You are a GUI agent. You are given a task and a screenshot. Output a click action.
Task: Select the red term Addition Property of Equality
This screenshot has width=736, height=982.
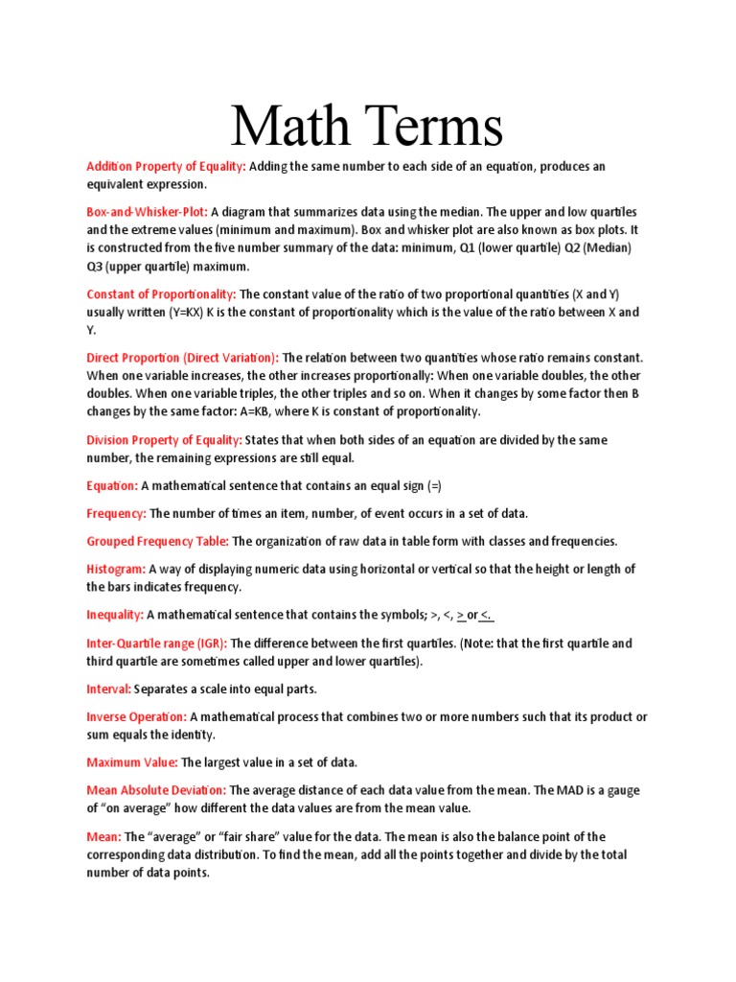pyautogui.click(x=166, y=167)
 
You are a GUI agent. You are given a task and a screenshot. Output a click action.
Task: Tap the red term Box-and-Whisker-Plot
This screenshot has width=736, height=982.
pyautogui.click(x=147, y=212)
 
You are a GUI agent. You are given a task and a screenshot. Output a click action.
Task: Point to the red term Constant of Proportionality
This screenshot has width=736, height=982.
pyautogui.click(x=161, y=294)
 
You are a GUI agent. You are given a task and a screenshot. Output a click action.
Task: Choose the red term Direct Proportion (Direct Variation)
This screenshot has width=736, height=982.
pyautogui.click(x=182, y=358)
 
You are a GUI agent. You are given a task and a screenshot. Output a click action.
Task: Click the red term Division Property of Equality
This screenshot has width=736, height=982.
pyautogui.click(x=164, y=440)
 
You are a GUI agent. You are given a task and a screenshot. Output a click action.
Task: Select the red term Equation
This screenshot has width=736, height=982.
pyautogui.click(x=112, y=486)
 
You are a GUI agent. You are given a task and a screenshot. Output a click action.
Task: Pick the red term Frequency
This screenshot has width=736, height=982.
pyautogui.click(x=116, y=514)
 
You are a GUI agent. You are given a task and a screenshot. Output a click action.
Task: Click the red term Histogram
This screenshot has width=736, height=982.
pyautogui.click(x=116, y=569)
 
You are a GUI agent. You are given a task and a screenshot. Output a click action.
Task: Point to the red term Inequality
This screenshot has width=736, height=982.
pyautogui.click(x=115, y=615)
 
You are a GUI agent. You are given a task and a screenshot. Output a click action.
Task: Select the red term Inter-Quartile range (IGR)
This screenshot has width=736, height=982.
pyautogui.click(x=157, y=643)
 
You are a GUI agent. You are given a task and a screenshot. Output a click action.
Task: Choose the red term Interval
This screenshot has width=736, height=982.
pyautogui.click(x=109, y=689)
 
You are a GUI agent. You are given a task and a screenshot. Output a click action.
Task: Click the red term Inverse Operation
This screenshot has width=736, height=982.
pyautogui.click(x=137, y=717)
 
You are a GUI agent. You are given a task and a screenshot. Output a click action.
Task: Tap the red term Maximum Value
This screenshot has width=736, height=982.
pyautogui.click(x=132, y=762)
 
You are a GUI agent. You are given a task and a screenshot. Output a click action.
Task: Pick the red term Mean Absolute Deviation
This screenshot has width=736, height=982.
pyautogui.click(x=156, y=790)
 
